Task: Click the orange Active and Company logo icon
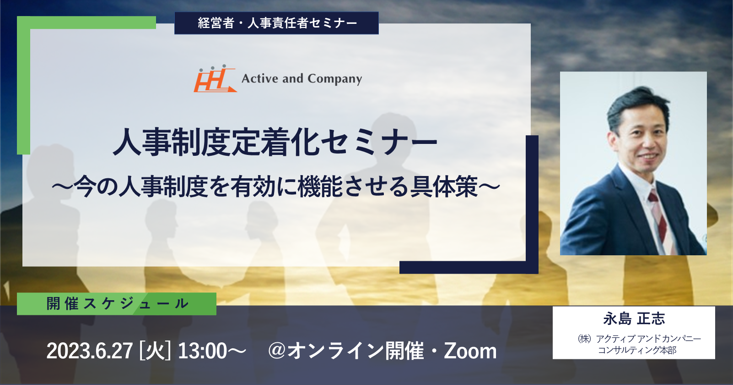click(215, 79)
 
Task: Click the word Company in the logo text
click(334, 79)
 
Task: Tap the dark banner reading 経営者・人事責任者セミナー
click(276, 23)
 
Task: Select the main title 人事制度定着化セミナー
click(275, 142)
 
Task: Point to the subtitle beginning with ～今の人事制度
click(276, 187)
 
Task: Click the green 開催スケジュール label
click(117, 304)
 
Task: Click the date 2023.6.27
click(90, 351)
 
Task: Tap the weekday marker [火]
click(155, 351)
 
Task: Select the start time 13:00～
click(212, 351)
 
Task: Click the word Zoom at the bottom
click(470, 351)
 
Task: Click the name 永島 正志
click(634, 319)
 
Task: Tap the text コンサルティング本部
click(637, 350)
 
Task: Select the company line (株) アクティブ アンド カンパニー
click(639, 338)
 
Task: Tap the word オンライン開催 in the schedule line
click(355, 351)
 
